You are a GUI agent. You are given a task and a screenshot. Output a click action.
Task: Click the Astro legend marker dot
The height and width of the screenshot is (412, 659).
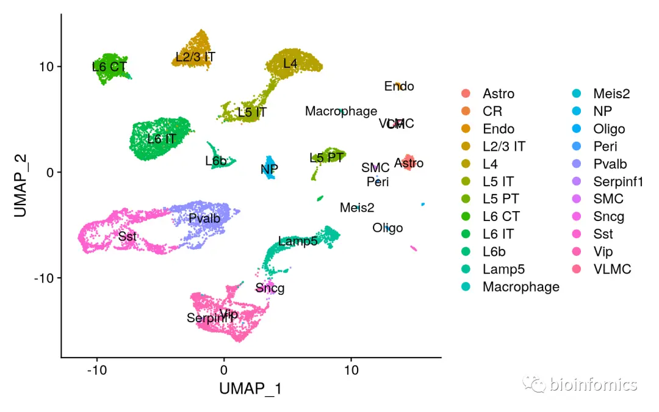(466, 93)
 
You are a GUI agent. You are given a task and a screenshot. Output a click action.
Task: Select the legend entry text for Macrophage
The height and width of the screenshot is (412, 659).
(520, 286)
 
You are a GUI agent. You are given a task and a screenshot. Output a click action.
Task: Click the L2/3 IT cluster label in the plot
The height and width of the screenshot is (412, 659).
(195, 57)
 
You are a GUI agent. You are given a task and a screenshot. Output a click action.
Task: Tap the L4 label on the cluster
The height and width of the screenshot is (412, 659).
(290, 63)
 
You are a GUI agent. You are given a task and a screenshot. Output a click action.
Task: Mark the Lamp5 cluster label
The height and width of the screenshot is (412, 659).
(298, 241)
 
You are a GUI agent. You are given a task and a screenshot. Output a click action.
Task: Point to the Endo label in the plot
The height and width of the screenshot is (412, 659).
(399, 86)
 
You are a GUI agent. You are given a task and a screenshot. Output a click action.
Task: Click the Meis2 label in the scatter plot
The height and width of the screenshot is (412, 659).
(357, 208)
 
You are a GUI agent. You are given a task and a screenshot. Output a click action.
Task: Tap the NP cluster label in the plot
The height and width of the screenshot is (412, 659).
(269, 168)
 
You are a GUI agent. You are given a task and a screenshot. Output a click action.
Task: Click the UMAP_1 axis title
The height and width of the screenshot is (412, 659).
(251, 389)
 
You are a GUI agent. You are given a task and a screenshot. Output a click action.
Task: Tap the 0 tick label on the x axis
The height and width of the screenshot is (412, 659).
(224, 370)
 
